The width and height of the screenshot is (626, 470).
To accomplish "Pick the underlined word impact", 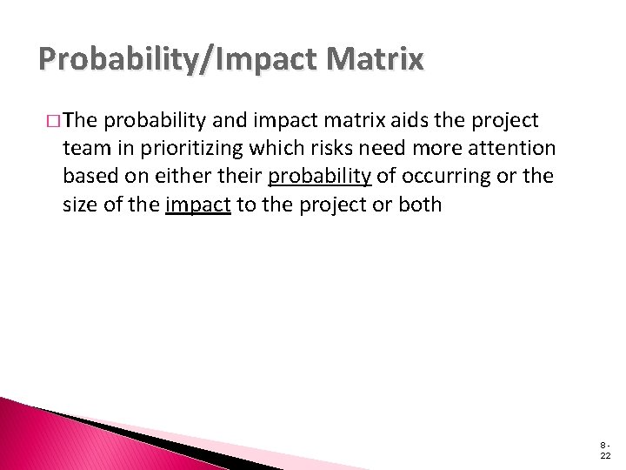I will coord(197,205).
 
